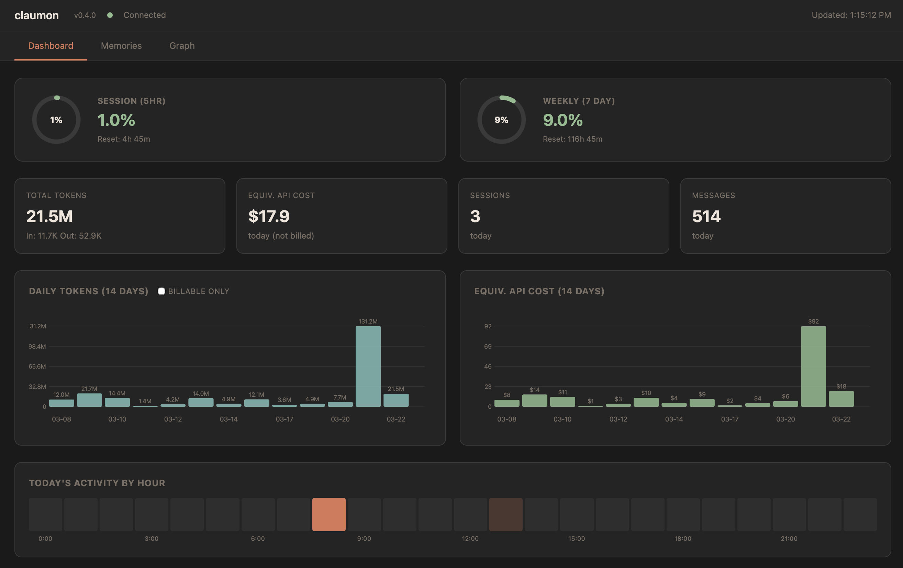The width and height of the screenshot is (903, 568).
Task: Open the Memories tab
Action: coord(121,46)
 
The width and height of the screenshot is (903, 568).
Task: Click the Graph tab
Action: coord(182,46)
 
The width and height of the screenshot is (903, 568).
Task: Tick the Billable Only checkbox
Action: coord(161,291)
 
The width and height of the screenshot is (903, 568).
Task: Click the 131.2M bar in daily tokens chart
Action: coord(368,366)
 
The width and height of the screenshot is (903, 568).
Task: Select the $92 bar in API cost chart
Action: coord(813,366)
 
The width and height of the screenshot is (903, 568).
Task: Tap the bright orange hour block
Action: coord(329,514)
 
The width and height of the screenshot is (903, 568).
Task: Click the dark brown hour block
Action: coord(505,514)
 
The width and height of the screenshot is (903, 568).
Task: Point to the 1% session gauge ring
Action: coord(56,120)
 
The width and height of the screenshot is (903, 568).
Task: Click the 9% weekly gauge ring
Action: coord(501,120)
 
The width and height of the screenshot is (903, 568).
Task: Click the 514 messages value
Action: coord(706,216)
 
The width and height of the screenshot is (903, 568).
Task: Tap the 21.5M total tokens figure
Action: coord(49,216)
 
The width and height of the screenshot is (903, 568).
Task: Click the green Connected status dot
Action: coord(110,15)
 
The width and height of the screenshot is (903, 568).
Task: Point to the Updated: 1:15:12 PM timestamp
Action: coord(851,15)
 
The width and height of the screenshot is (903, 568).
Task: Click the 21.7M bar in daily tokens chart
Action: coord(89,400)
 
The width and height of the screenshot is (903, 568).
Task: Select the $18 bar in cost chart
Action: coord(841,399)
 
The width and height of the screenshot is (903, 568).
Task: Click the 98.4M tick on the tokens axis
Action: coord(37,346)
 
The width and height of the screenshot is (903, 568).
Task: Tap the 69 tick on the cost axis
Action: coord(488,346)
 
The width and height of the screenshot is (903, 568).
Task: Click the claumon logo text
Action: coord(36,15)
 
